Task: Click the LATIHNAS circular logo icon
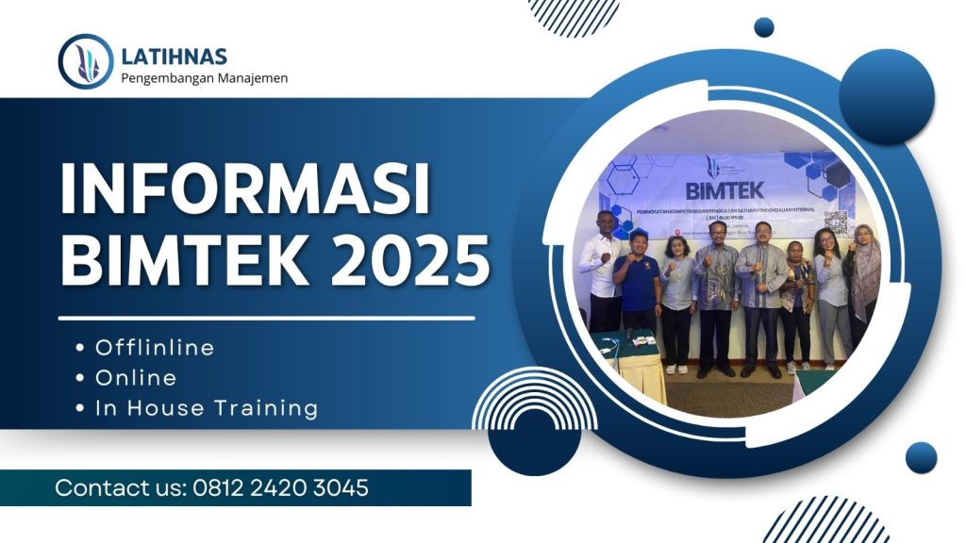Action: pos(86,62)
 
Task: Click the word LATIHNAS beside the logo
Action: pos(175,57)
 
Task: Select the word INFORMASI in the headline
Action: pos(245,189)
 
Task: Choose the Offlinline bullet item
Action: pos(155,348)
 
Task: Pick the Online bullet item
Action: pos(136,378)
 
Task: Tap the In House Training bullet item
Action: pos(207,408)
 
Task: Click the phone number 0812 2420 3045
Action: pos(280,488)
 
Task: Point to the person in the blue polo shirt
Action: pos(637,283)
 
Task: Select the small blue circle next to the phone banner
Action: pos(921,458)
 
